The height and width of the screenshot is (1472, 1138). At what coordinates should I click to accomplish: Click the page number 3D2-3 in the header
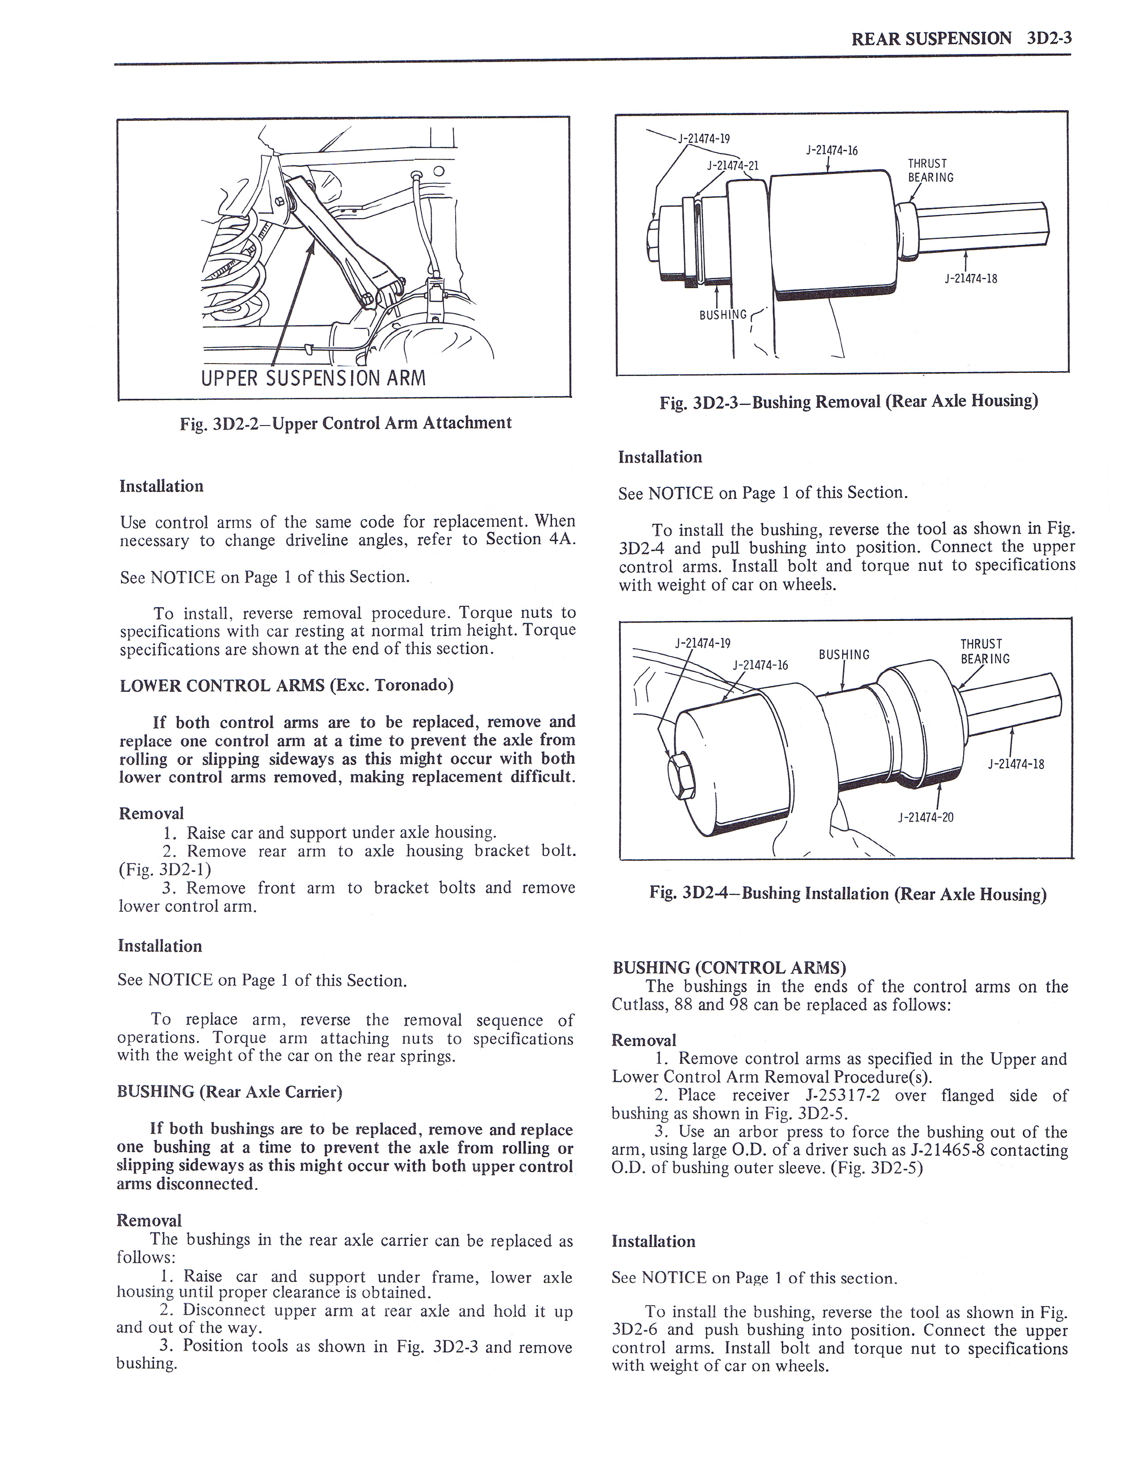[1050, 38]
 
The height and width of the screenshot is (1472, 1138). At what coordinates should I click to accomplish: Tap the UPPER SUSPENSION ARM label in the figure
[313, 377]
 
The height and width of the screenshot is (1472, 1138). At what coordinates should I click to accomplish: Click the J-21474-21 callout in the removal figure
[733, 165]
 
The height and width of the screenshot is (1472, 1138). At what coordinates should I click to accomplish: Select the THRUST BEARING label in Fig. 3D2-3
[930, 170]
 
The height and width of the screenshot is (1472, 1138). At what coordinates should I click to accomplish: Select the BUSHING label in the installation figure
[844, 654]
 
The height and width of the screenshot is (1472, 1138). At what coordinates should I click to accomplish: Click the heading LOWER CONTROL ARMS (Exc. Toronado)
[287, 686]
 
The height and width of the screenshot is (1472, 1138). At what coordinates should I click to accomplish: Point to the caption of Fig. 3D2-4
[847, 894]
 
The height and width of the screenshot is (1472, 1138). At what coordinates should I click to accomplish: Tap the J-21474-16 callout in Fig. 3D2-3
[832, 150]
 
